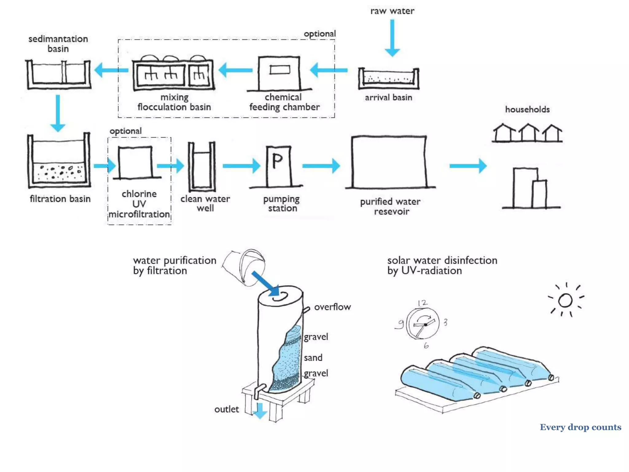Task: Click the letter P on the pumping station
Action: (x=277, y=161)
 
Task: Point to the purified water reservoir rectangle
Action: (x=389, y=162)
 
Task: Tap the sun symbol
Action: (x=565, y=300)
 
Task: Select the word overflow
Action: (x=332, y=307)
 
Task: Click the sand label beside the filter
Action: (x=313, y=358)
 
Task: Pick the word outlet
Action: (x=226, y=409)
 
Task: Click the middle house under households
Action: (x=528, y=132)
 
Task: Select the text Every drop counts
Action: (x=580, y=427)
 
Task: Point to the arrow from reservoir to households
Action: (x=468, y=166)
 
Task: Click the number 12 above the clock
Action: (x=422, y=303)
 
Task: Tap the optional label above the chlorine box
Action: (x=125, y=131)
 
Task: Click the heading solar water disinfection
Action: (x=442, y=260)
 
